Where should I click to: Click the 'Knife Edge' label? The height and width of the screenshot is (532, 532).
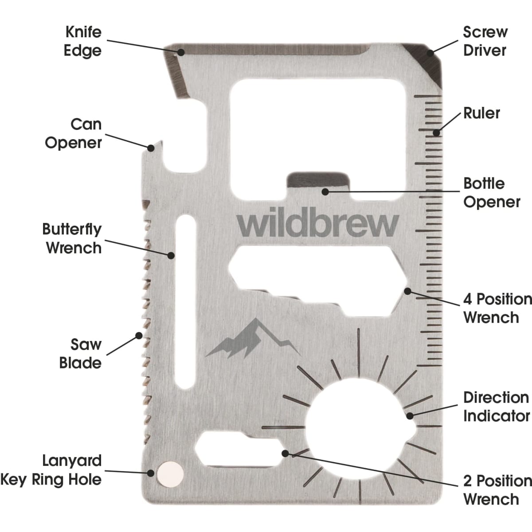[x=83, y=41]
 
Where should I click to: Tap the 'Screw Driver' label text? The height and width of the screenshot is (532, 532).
[x=485, y=41]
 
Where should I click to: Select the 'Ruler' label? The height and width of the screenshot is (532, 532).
[x=482, y=113]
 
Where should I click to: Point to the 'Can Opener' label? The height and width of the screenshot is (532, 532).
[x=74, y=133]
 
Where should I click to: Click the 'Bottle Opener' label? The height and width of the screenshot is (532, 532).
[x=492, y=193]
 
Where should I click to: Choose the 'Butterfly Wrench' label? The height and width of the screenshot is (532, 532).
[x=72, y=239]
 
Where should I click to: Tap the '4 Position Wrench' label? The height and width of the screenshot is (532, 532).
[x=497, y=308]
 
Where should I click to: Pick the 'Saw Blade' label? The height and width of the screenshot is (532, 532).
[x=81, y=354]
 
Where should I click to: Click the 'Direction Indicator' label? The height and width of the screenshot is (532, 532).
[x=497, y=407]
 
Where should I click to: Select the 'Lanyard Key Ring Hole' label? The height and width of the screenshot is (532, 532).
[x=51, y=471]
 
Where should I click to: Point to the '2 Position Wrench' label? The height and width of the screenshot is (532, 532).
[x=497, y=490]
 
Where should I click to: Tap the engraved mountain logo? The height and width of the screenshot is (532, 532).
[x=253, y=338]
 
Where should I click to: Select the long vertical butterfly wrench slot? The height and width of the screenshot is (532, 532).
[x=185, y=301]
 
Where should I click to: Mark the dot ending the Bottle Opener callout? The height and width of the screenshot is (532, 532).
[x=325, y=192]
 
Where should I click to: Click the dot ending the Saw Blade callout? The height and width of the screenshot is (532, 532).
[x=139, y=336]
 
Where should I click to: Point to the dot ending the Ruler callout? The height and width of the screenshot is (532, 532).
[x=436, y=133]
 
